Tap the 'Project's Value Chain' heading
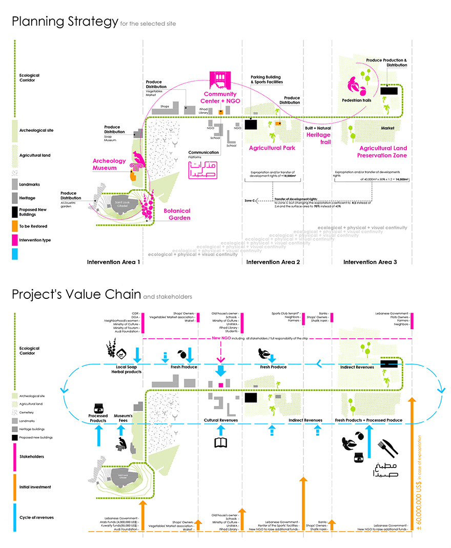pyautogui.click(x=76, y=294)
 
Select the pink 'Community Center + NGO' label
pyautogui.click(x=220, y=97)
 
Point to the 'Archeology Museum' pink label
pyautogui.click(x=109, y=164)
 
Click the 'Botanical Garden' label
pyautogui.click(x=177, y=214)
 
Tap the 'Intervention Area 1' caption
pyautogui.click(x=113, y=262)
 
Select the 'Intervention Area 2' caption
pyautogui.click(x=273, y=262)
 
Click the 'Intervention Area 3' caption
pyautogui.click(x=370, y=262)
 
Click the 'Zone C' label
pyautogui.click(x=250, y=200)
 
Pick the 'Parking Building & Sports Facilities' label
pyautogui.click(x=266, y=79)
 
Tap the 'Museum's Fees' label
pyautogui.click(x=123, y=418)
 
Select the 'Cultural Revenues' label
pyautogui.click(x=221, y=420)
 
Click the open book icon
pyautogui.click(x=221, y=442)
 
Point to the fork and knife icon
pyautogui.click(x=387, y=449)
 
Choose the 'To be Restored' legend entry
pyautogui.click(x=32, y=226)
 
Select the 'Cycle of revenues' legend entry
pyautogui.click(x=36, y=517)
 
